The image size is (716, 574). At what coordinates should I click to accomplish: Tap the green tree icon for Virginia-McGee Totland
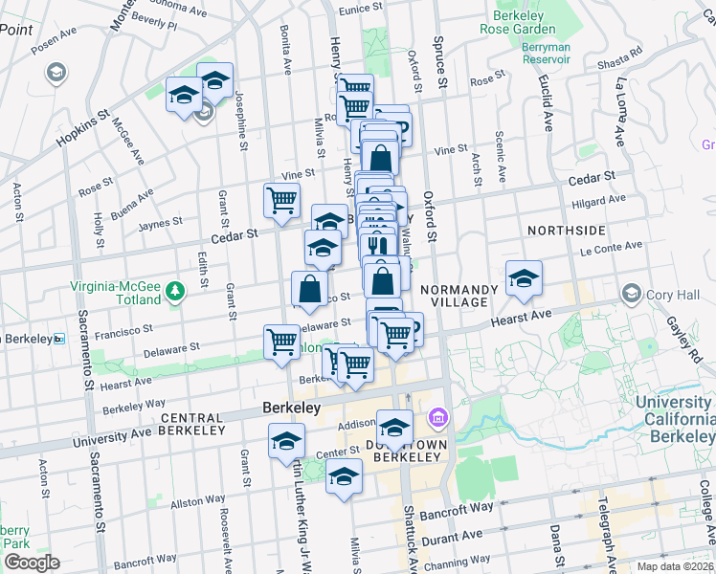(x=174, y=289)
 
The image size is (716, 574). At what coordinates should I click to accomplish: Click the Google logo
(x=32, y=562)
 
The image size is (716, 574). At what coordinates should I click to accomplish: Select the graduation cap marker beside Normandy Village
(x=524, y=277)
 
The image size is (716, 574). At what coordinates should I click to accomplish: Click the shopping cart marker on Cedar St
(x=281, y=201)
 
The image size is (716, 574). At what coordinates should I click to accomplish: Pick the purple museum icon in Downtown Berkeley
(x=438, y=417)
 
